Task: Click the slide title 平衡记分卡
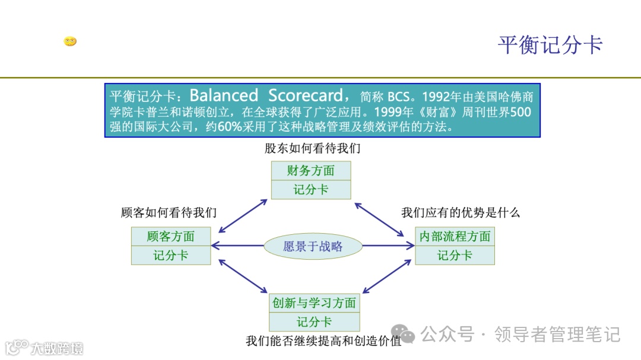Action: pos(550,45)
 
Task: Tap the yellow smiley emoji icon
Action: pos(70,42)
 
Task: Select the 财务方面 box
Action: pos(310,171)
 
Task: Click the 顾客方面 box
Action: pos(171,236)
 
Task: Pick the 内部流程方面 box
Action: pos(455,236)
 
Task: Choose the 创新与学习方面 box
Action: pos(314,303)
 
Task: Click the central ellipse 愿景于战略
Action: pos(313,246)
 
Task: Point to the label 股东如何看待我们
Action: pos(312,148)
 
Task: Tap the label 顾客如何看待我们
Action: pos(169,212)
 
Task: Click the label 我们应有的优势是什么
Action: pos(460,212)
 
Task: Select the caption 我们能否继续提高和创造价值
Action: pos(323,341)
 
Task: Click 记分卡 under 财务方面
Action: pos(310,190)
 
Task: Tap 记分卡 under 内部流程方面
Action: pos(455,255)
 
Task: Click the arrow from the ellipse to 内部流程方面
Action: pos(389,246)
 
